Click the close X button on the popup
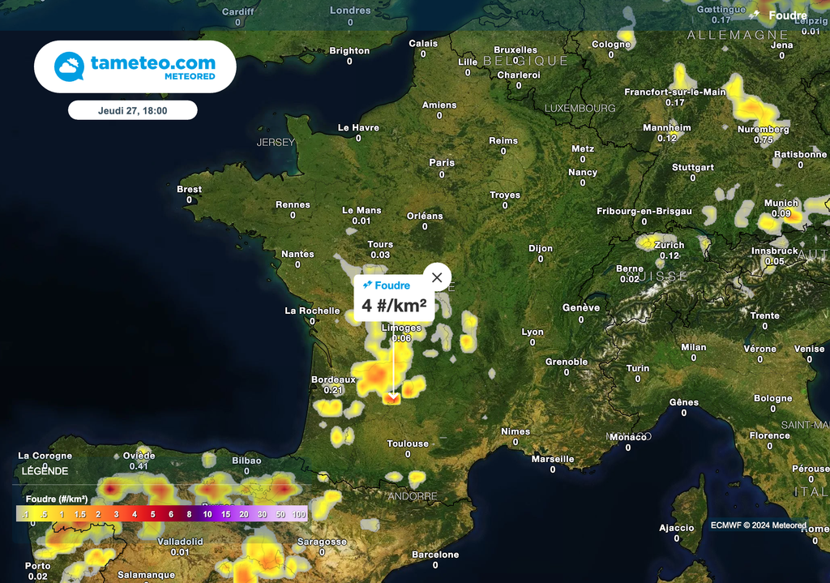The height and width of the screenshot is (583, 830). click(x=437, y=277)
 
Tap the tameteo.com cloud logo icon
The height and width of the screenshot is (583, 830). click(x=70, y=66)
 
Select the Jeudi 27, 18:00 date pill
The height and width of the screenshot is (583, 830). click(x=132, y=110)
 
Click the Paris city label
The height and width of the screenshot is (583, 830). click(x=442, y=162)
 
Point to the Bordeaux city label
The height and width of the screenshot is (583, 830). click(x=333, y=379)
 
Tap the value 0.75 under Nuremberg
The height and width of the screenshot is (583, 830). click(x=763, y=139)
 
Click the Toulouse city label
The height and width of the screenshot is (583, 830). click(x=408, y=444)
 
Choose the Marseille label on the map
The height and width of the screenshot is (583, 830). click(x=553, y=459)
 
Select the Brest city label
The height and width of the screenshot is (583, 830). click(x=189, y=189)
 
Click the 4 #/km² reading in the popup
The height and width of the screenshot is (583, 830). click(x=394, y=307)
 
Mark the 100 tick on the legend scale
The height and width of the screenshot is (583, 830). click(x=299, y=514)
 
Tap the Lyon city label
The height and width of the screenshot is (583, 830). click(x=533, y=332)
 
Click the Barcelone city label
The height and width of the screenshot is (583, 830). click(x=435, y=555)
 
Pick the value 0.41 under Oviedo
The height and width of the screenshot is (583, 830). click(x=139, y=466)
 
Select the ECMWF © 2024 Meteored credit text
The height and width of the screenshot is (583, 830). click(x=758, y=525)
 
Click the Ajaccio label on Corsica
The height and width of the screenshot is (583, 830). click(x=676, y=528)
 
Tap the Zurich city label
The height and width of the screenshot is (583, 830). click(x=670, y=245)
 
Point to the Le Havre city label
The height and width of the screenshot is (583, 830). click(x=358, y=127)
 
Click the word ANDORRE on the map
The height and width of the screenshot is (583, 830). click(x=412, y=496)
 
